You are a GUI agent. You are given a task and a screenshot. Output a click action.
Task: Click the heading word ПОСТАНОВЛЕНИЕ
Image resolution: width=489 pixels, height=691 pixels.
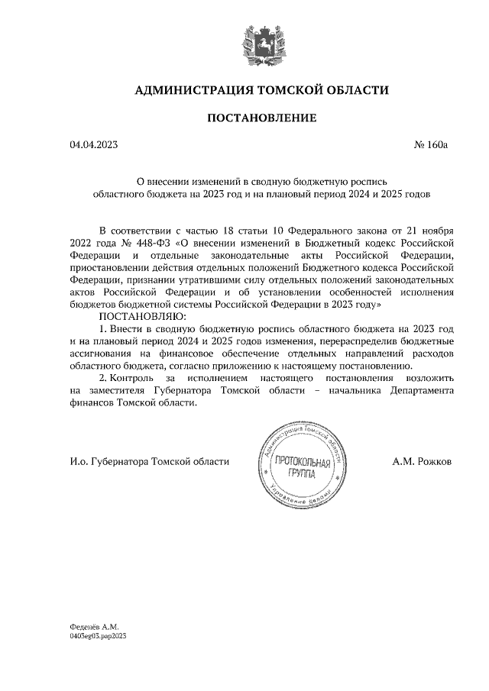261,118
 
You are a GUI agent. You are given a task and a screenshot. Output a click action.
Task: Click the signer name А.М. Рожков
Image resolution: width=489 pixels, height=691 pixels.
422,462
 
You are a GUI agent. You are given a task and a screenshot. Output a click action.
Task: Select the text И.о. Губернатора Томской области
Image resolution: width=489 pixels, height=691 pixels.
149,462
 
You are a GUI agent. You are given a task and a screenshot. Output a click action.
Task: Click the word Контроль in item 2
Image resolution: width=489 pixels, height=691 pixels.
131,379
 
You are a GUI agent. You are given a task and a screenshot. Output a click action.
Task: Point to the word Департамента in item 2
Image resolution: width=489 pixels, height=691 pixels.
423,391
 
